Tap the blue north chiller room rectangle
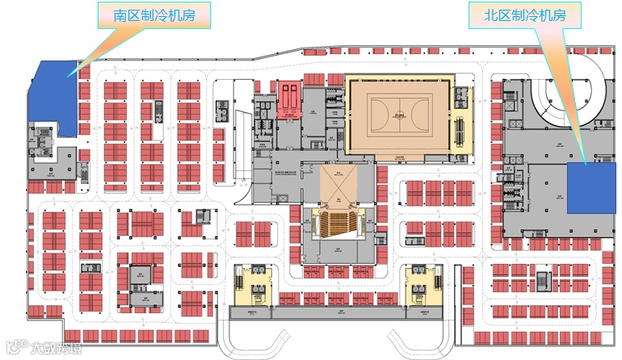587,188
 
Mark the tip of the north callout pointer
583,162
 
